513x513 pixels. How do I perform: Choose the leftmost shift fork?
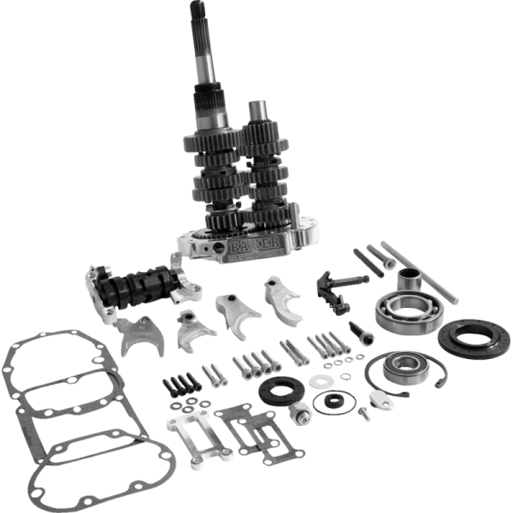click(139, 336)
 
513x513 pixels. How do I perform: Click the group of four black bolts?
click(180, 386)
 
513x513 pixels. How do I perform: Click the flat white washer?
click(321, 380)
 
